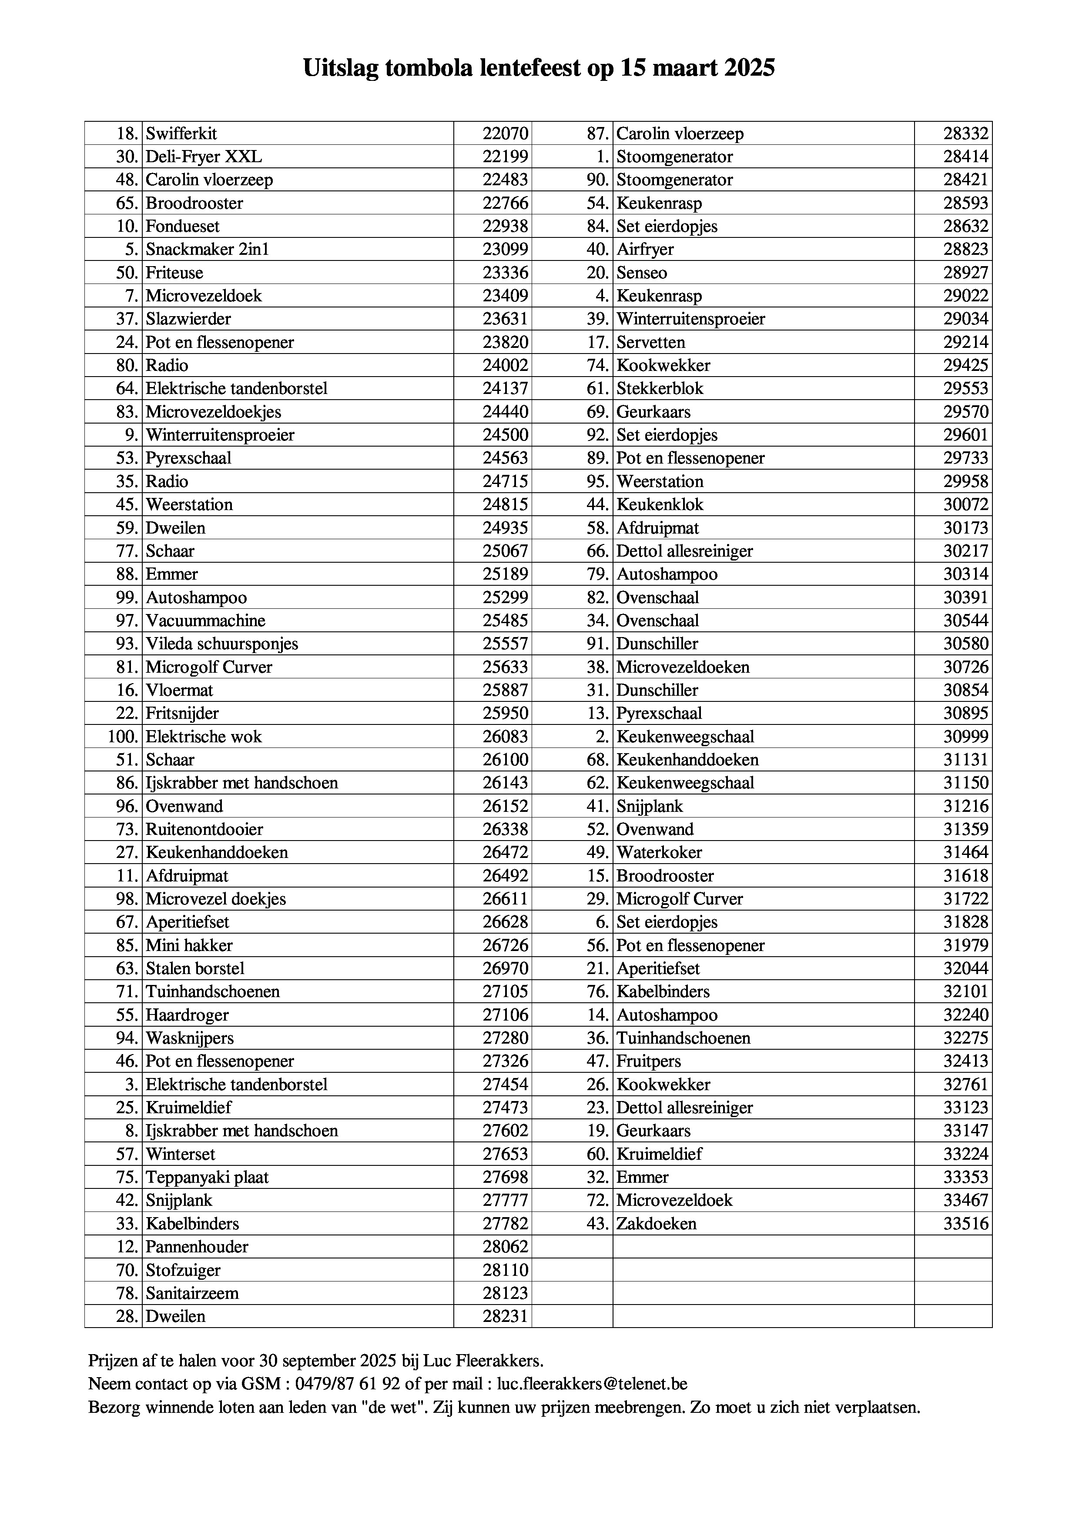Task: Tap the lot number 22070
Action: pyautogui.click(x=505, y=133)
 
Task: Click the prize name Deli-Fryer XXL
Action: pyautogui.click(x=204, y=157)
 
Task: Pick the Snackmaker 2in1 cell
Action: pyautogui.click(x=207, y=249)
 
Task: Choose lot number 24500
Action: pyautogui.click(x=505, y=435)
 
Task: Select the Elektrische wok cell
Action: pyautogui.click(x=203, y=737)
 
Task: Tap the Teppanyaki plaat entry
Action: pyautogui.click(x=207, y=1178)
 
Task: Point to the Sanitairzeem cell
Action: pyautogui.click(x=192, y=1293)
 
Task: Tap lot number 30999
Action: pyautogui.click(x=965, y=737)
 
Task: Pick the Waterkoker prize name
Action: pyautogui.click(x=658, y=852)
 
